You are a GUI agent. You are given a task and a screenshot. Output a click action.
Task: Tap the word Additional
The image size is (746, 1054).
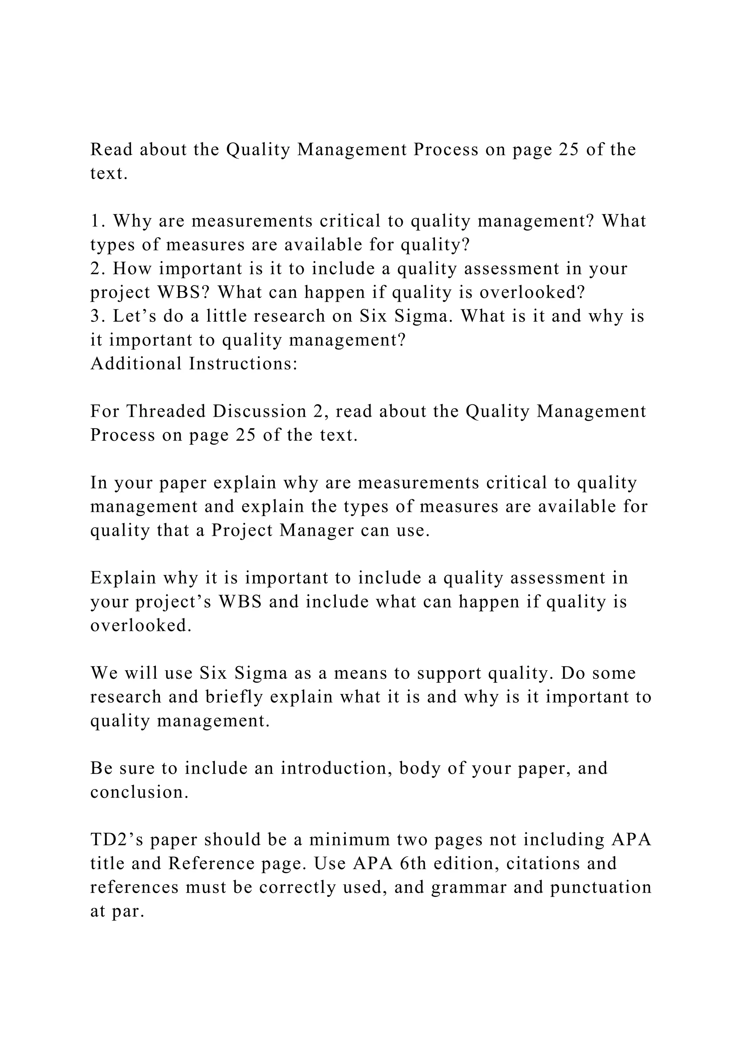tap(137, 364)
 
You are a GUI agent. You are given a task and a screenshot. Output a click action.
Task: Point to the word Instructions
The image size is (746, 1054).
tap(243, 364)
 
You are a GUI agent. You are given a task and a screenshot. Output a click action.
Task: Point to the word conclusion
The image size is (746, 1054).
tap(139, 792)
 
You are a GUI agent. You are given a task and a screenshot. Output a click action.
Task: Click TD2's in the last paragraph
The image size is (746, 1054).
tap(117, 840)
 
